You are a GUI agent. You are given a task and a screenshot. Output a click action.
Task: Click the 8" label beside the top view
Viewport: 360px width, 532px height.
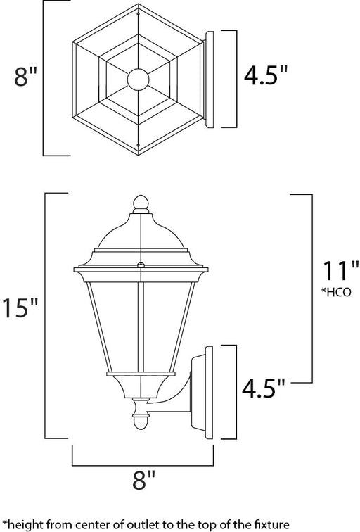25,76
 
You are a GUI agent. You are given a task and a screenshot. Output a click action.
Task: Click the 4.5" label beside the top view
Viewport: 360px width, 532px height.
266,75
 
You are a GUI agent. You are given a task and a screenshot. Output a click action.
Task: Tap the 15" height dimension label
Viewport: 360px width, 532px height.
20,308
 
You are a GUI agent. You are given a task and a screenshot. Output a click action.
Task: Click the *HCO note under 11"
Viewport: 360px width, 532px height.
336,292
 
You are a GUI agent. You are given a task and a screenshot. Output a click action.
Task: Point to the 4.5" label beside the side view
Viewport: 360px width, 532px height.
264,388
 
